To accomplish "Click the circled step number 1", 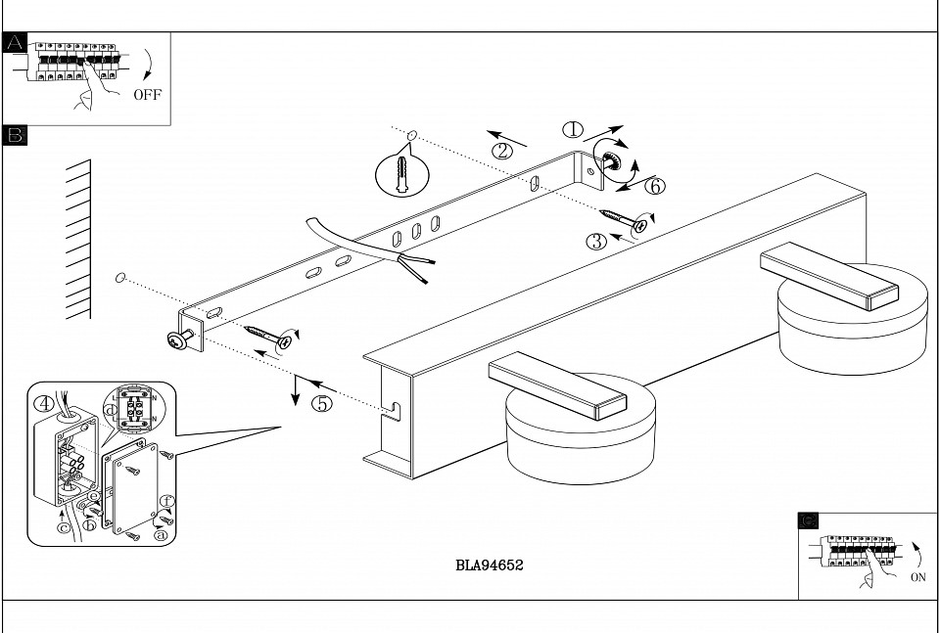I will (573, 129).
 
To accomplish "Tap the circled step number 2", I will (501, 151).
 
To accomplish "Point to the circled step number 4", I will (44, 403).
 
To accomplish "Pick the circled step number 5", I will (322, 402).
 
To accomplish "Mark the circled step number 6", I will (654, 185).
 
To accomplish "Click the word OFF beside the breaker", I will (148, 95).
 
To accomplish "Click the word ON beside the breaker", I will (918, 577).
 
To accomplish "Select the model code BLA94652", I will (490, 565).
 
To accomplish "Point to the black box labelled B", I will (15, 134).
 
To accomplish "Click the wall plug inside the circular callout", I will (402, 176).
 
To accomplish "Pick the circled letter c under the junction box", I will (63, 528).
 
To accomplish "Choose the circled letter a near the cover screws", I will (161, 535).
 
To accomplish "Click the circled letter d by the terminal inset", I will (109, 408).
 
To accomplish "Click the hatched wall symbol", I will (78, 240).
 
